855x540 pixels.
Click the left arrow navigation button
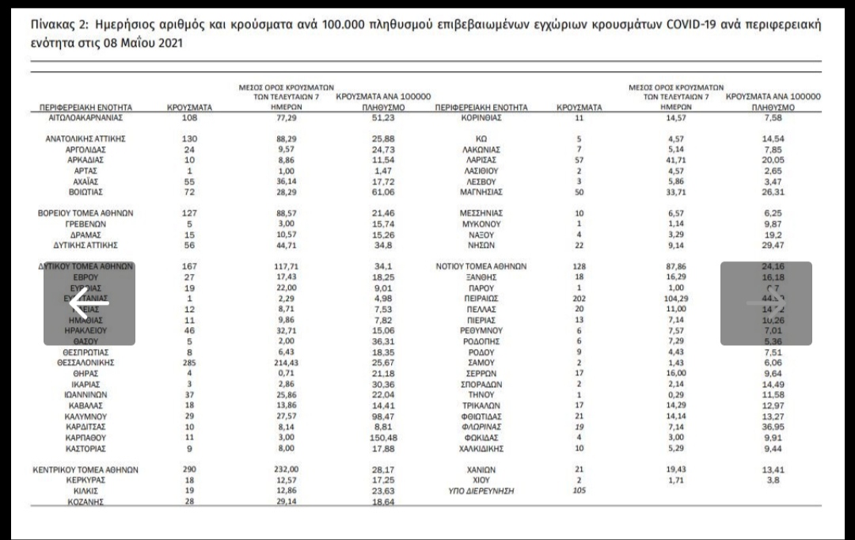coord(89,303)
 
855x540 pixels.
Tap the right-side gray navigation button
coord(766,303)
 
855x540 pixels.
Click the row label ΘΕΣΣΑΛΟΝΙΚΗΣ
coord(86,362)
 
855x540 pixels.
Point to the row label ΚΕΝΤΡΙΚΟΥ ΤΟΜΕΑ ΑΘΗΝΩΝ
coord(86,470)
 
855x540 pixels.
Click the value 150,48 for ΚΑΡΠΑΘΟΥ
coord(382,437)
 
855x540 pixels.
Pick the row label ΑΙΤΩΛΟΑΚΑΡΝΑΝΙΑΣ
coord(86,117)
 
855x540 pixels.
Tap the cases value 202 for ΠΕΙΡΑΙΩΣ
coord(579,299)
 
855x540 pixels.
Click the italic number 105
coord(579,491)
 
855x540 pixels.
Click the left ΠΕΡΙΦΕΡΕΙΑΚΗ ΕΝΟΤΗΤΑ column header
coord(86,106)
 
